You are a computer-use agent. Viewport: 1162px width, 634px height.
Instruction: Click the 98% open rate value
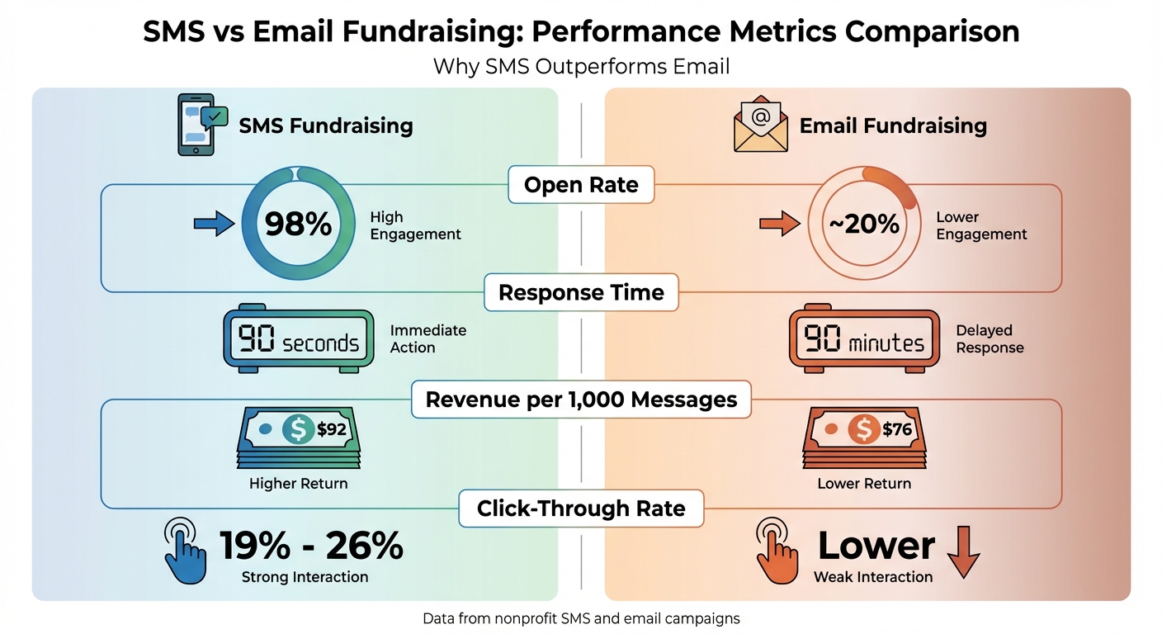tap(298, 224)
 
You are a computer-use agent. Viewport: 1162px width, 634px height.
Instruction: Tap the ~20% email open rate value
tap(864, 224)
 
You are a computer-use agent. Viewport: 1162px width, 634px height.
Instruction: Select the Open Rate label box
tap(581, 185)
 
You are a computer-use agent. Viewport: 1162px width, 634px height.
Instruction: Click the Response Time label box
tap(581, 293)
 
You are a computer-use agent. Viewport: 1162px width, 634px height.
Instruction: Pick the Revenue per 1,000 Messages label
tap(581, 400)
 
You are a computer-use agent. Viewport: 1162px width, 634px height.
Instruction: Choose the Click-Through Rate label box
tap(581, 508)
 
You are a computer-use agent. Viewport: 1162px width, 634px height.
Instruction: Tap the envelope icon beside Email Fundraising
tap(760, 125)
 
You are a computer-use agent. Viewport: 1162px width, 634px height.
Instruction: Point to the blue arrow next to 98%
tap(214, 223)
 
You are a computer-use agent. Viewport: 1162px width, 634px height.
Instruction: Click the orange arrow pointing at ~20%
tap(779, 223)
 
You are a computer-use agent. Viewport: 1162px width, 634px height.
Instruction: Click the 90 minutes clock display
tap(864, 341)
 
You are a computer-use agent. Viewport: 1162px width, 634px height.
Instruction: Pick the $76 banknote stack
tap(864, 438)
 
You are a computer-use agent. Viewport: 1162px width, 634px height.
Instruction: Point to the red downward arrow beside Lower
tap(962, 551)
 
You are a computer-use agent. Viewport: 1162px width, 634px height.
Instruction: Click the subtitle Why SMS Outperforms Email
tap(581, 66)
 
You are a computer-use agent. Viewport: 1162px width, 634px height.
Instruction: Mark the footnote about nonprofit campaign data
tap(581, 617)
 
